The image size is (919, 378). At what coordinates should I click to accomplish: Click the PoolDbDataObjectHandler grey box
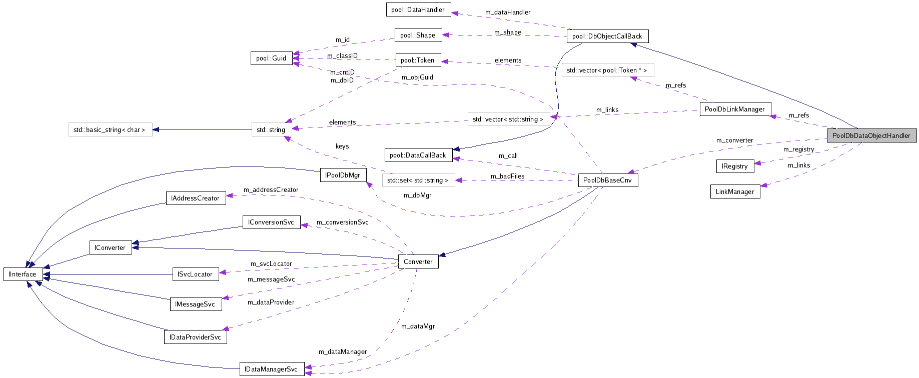[871, 135]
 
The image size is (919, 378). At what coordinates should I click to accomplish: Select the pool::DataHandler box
[418, 9]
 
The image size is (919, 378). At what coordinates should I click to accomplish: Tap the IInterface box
[23, 274]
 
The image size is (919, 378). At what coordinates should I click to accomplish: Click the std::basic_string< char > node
[110, 129]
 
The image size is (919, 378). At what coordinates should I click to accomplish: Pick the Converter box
[418, 261]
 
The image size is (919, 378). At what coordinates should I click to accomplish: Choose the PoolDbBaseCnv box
[607, 180]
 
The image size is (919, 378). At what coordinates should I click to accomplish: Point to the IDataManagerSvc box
[271, 369]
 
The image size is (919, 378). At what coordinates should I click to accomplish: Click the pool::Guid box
[271, 58]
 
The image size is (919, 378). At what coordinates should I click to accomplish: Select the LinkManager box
[735, 191]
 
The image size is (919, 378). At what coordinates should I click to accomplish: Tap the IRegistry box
[734, 166]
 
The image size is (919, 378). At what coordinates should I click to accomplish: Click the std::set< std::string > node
[418, 180]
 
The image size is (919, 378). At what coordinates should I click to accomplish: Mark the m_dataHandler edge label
[508, 12]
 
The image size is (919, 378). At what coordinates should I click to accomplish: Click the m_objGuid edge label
[417, 77]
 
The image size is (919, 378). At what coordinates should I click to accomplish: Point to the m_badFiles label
[507, 176]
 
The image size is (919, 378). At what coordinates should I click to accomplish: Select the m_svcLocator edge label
[271, 263]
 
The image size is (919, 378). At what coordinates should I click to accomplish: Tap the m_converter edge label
[734, 140]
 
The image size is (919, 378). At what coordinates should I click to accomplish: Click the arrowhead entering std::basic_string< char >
[156, 129]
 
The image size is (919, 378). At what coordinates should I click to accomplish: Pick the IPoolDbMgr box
[343, 175]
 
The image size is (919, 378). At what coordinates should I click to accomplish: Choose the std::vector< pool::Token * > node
[607, 70]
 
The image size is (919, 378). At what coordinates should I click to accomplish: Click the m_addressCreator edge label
[271, 189]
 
